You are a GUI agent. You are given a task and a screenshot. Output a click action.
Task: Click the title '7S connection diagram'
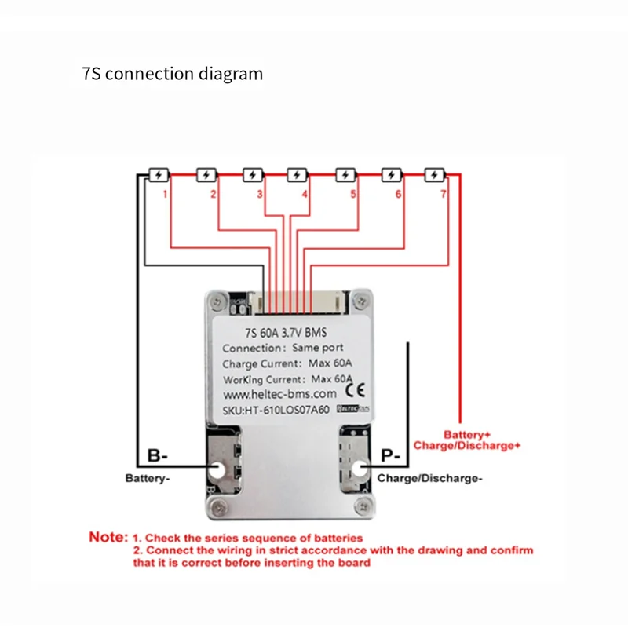point(172,75)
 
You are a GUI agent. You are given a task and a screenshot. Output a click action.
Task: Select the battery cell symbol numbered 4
point(298,174)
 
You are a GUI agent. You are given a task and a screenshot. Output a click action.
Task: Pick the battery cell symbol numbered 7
point(435,174)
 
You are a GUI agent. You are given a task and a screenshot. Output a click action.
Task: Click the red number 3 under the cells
point(260,193)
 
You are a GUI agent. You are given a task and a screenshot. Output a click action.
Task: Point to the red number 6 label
point(398,193)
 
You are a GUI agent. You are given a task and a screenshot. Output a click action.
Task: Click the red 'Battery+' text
point(469,434)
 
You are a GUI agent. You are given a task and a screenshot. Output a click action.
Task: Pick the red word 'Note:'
point(108,538)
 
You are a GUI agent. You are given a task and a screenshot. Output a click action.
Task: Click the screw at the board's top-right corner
point(360,299)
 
